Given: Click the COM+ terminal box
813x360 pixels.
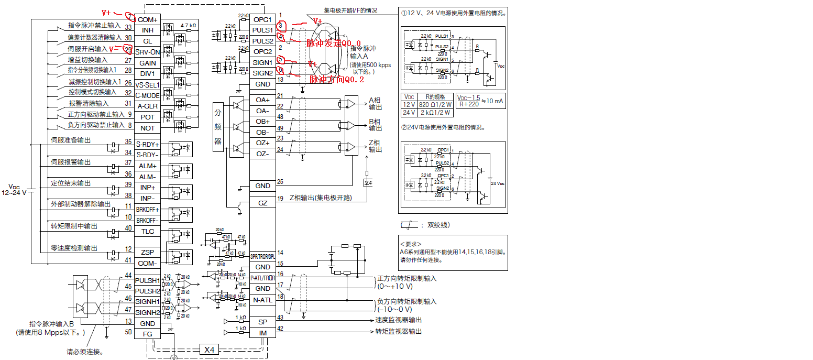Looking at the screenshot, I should [x=147, y=19].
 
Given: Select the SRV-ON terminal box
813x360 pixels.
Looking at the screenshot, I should [x=147, y=52].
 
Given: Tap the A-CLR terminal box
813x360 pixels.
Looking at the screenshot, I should [x=147, y=106].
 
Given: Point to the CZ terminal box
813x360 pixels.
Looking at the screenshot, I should [x=262, y=203].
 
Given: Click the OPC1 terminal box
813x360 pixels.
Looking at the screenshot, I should [x=262, y=19].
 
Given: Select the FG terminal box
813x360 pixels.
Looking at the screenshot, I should [x=147, y=334].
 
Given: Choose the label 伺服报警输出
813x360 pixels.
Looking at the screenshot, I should [x=71, y=162].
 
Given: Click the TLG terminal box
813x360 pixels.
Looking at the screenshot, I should [x=147, y=231].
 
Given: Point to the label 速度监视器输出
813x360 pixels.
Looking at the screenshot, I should [x=399, y=320].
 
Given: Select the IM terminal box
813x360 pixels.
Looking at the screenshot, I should [x=262, y=332].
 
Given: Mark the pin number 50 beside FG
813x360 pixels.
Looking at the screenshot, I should [x=128, y=332].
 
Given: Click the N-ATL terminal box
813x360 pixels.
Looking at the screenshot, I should [x=262, y=300].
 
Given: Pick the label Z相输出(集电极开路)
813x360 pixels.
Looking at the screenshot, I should [x=320, y=198].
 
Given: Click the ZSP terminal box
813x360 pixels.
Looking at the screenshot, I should [x=147, y=252].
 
